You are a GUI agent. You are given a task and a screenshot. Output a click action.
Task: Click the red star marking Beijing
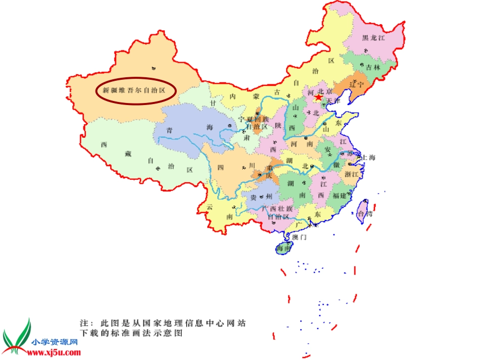319,97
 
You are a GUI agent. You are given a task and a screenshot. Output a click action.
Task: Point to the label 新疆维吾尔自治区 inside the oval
134,91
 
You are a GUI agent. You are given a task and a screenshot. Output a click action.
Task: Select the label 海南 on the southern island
283,248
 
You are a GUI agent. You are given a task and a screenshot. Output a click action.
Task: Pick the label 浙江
352,174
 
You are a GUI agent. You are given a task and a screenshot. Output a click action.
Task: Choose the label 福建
340,195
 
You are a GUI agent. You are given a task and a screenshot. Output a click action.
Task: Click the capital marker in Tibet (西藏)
158,169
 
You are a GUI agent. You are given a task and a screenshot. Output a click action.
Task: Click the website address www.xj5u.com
55,349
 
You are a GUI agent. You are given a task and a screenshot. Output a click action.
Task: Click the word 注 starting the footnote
84,323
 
